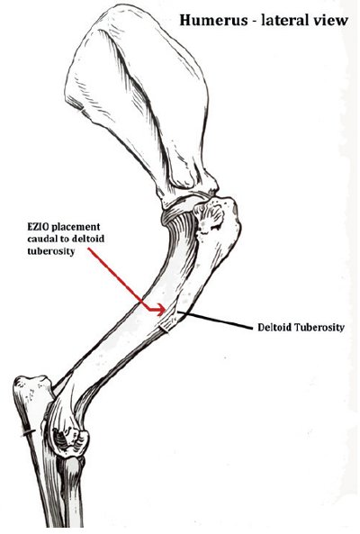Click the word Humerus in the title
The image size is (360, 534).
click(213, 20)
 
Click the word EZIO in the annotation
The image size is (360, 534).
click(39, 227)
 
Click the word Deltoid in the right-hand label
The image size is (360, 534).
click(274, 328)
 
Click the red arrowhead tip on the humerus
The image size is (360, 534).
click(166, 310)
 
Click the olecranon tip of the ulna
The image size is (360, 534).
click(31, 383)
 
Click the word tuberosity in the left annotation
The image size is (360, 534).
click(50, 251)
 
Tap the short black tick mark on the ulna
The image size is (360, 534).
click(28, 433)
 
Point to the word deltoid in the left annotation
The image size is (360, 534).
click(88, 239)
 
